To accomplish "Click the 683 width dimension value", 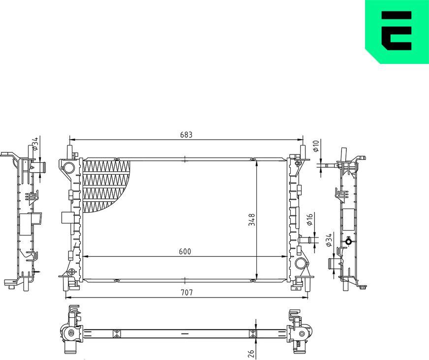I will coord(185,134).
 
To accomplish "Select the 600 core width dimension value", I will coord(184,251).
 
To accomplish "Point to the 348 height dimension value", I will coord(251,219).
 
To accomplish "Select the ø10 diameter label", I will coord(316,146).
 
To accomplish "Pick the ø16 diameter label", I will coord(309,220).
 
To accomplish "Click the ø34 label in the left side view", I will coord(34,143).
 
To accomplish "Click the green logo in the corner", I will coord(397,31).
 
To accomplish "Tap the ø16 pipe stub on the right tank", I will coord(305,240).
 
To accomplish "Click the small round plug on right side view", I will coord(349,241).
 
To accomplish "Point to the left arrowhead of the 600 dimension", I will coord(85,256).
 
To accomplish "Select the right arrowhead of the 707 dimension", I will coord(307,298).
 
